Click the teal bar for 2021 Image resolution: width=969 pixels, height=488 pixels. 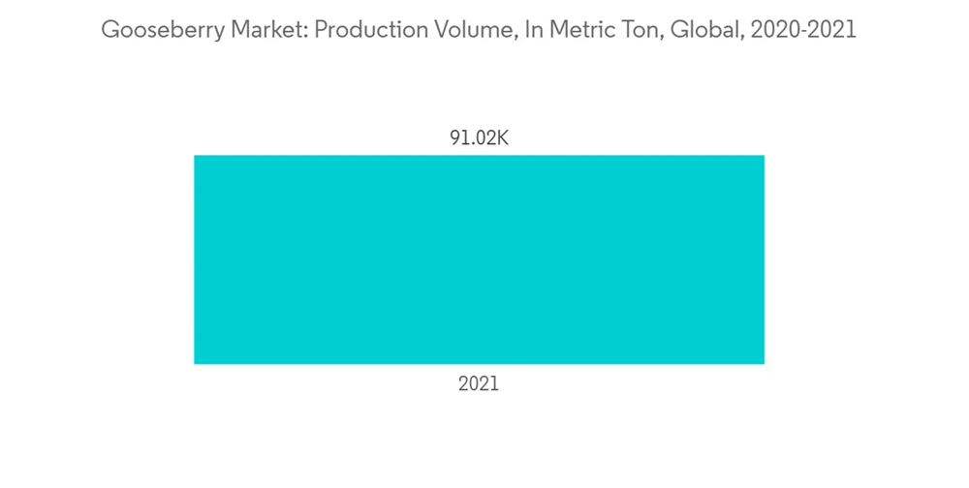pyautogui.click(x=479, y=259)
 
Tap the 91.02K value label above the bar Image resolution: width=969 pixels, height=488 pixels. pyautogui.click(x=479, y=138)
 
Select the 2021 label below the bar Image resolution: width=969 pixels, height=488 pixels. pyautogui.click(x=479, y=384)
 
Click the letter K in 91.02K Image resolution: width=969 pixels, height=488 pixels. pyautogui.click(x=502, y=138)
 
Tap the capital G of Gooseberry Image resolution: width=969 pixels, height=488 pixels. pyautogui.click(x=109, y=30)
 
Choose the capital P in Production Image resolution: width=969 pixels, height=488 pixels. pyautogui.click(x=321, y=30)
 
